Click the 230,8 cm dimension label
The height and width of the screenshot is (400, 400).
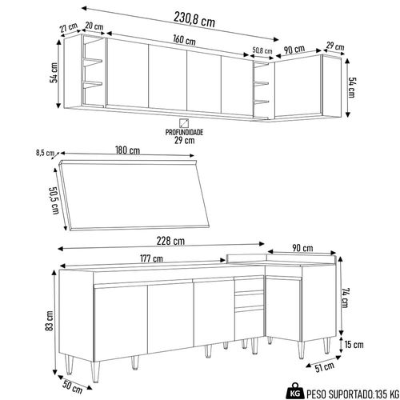[x=194, y=20]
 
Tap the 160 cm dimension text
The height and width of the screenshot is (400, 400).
[x=184, y=40]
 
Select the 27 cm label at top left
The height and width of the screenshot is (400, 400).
[x=69, y=27]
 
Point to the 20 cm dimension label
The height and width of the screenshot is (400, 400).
[x=94, y=26]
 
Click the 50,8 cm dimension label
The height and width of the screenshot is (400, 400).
[x=262, y=50]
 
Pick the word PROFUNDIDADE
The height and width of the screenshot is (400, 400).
[x=184, y=132]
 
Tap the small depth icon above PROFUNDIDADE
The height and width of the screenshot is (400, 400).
[x=184, y=123]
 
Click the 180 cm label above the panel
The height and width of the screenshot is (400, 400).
[x=127, y=150]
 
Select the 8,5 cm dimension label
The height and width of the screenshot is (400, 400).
[x=45, y=153]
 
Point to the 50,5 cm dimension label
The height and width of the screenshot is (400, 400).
[x=54, y=200]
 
